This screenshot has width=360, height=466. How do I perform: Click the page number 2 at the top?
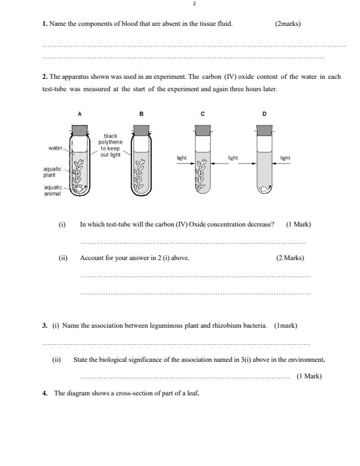pos(194,5)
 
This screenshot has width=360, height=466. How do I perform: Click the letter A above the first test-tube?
pos(79,113)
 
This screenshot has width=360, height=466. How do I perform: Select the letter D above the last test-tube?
pos(264,113)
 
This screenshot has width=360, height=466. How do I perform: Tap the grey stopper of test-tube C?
pos(202,130)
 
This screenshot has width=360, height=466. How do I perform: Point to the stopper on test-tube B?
pos(141,130)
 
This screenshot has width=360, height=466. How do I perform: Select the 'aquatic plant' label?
pos(52,172)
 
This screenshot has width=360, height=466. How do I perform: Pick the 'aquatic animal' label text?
pos(53,190)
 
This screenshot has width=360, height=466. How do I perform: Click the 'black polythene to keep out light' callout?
pos(110,145)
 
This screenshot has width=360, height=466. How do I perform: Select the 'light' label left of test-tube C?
pos(182,158)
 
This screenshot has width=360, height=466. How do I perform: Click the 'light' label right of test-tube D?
pos(285,158)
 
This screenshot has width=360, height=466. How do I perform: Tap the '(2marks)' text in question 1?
pos(288,24)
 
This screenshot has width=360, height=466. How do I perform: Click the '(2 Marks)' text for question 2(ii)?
pos(290,258)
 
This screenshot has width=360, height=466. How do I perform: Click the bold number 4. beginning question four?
pos(45,394)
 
